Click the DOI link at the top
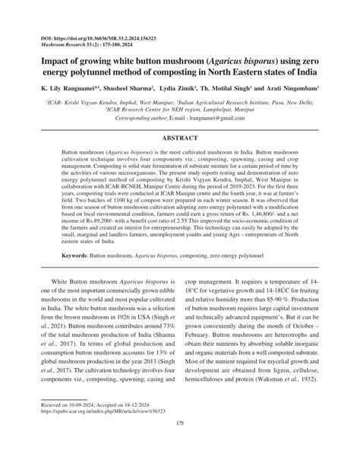click(91, 36)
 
